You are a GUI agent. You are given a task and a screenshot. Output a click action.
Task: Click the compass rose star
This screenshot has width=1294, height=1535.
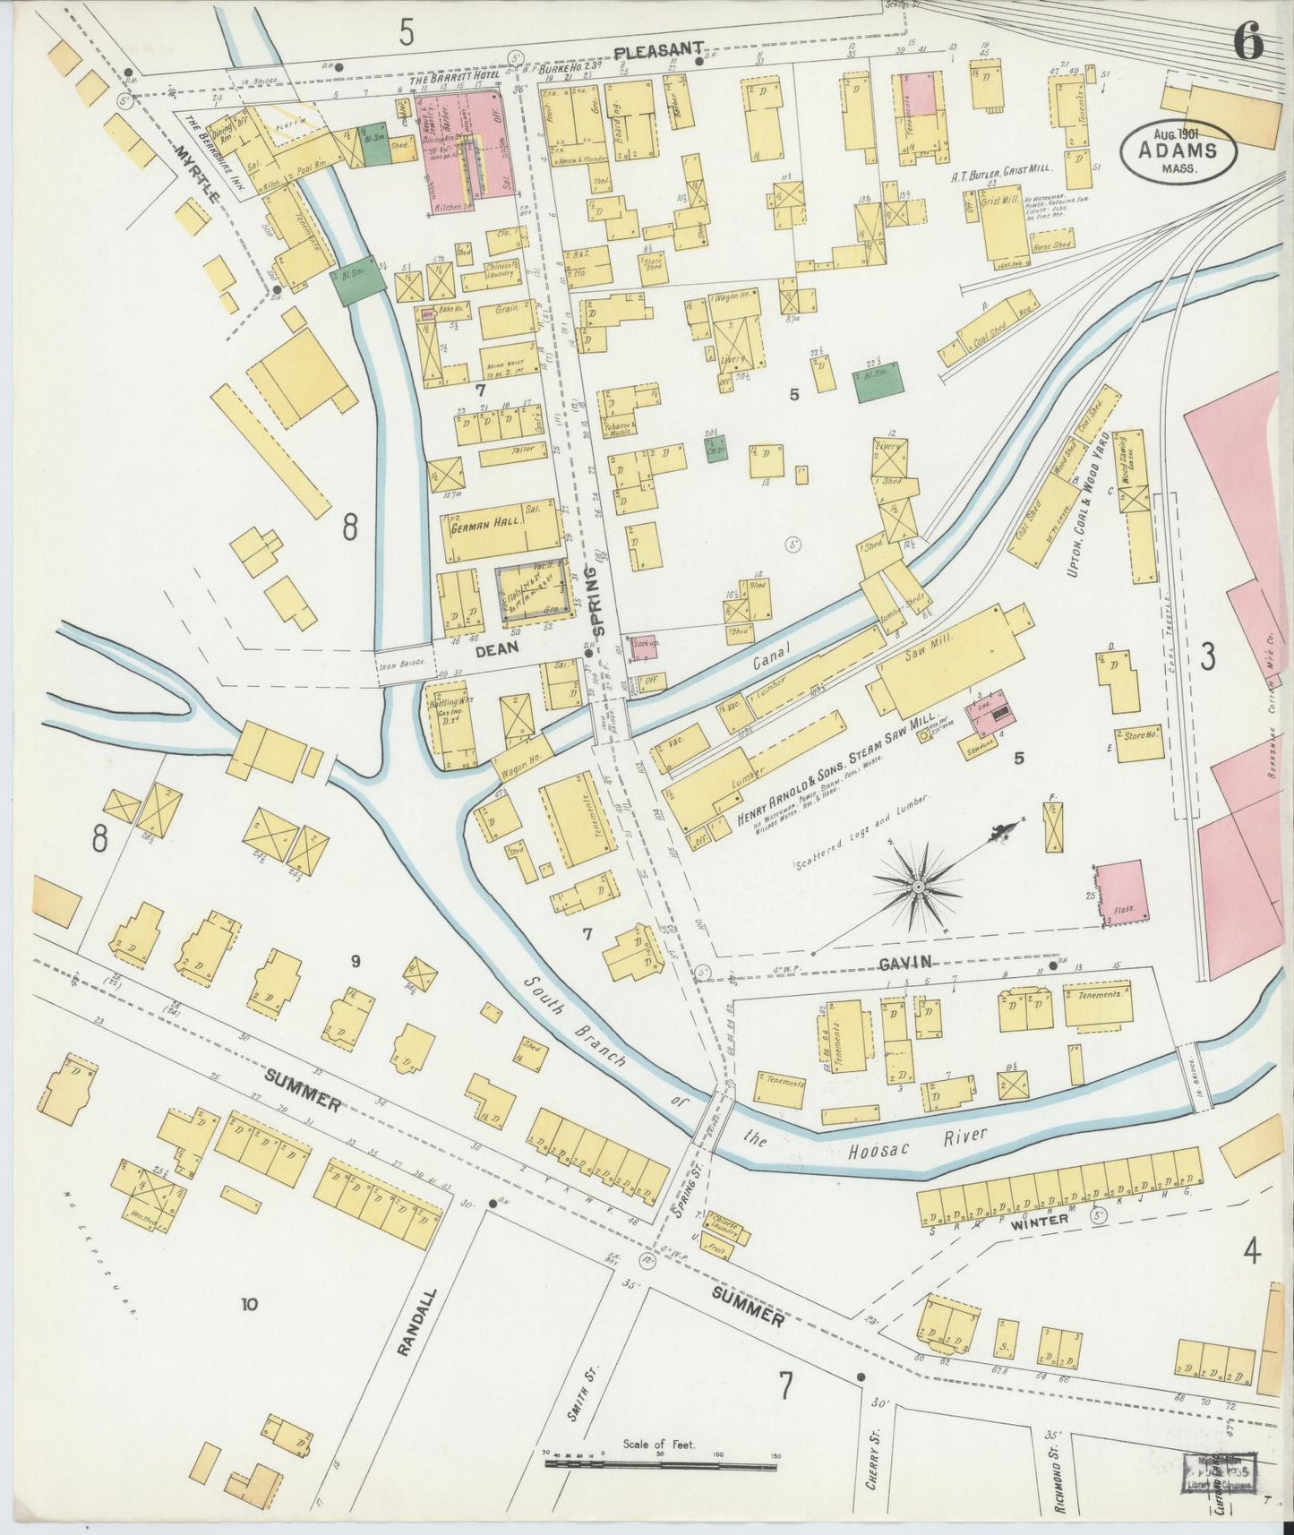click(x=918, y=886)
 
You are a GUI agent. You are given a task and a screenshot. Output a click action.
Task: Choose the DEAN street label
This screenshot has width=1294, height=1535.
click(x=492, y=652)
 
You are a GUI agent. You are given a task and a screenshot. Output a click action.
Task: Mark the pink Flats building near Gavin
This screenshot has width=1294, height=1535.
click(x=1120, y=893)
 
